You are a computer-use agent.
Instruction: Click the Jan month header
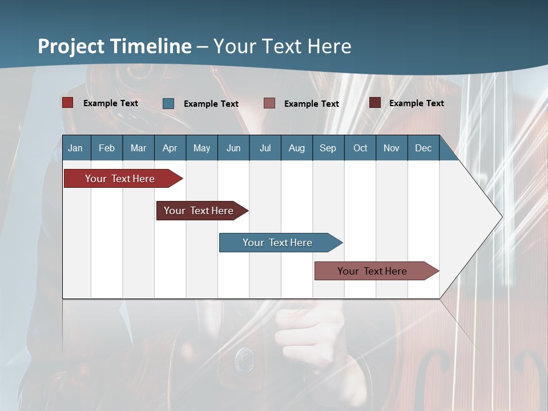click(75, 148)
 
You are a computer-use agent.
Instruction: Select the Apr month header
click(170, 148)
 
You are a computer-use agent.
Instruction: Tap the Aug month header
click(296, 148)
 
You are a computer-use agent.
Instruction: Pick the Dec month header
click(423, 148)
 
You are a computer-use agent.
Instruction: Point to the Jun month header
click(233, 148)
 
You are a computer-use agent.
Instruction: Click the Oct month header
click(360, 148)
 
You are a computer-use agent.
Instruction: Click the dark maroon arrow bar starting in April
click(200, 211)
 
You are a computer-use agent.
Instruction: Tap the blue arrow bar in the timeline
click(279, 243)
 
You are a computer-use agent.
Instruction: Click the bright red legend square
click(67, 103)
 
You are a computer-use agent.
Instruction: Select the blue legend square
click(168, 103)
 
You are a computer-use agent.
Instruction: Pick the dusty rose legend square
click(269, 103)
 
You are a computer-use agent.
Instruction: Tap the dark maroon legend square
click(374, 103)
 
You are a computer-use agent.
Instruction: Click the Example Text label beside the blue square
click(211, 104)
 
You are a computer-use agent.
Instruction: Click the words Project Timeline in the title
click(114, 46)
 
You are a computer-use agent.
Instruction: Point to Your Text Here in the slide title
click(283, 46)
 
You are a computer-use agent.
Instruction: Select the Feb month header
click(107, 148)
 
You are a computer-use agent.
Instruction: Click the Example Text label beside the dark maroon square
click(416, 103)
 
